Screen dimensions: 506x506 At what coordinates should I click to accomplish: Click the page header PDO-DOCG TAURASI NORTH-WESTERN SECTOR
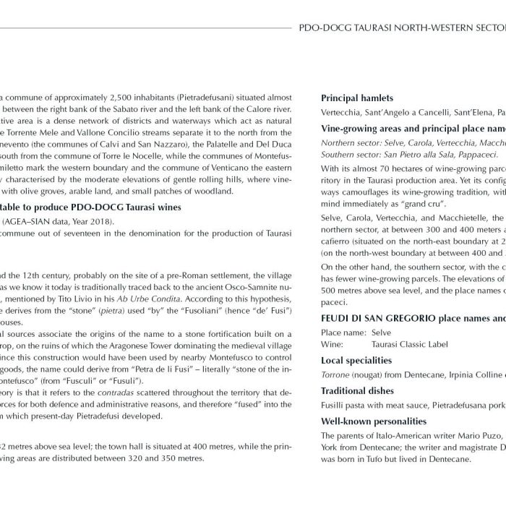tap(402, 31)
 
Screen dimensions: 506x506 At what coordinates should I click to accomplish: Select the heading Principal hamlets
tap(357, 98)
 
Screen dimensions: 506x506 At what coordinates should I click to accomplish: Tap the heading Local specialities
tap(356, 360)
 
